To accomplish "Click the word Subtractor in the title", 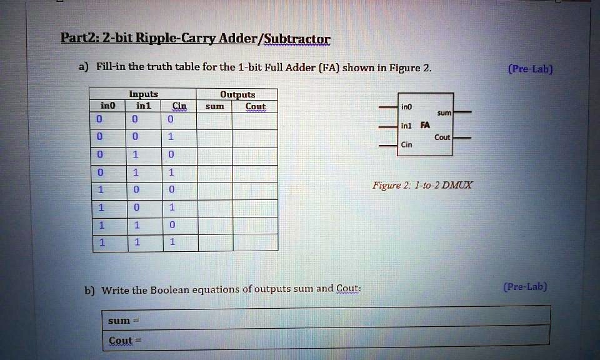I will click(x=296, y=40).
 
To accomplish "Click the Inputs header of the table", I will click(x=143, y=94).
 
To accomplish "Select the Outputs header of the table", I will click(x=237, y=94).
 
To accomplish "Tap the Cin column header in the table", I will click(x=179, y=106).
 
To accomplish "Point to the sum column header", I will click(x=214, y=106).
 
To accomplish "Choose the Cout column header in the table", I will click(x=255, y=106).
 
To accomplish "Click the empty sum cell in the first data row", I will click(x=214, y=120).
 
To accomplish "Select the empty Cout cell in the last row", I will click(x=255, y=242).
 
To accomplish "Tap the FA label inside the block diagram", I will click(x=425, y=125).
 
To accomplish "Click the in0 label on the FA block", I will click(x=407, y=107).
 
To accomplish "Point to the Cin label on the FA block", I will click(x=406, y=144).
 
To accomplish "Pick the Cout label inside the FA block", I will click(x=442, y=137).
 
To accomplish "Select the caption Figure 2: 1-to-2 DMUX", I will click(x=422, y=185).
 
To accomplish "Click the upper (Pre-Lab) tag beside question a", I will click(x=530, y=69).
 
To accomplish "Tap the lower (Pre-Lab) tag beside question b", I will click(x=525, y=287).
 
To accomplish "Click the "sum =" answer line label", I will click(x=122, y=320).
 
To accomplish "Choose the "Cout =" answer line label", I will click(x=125, y=341).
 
